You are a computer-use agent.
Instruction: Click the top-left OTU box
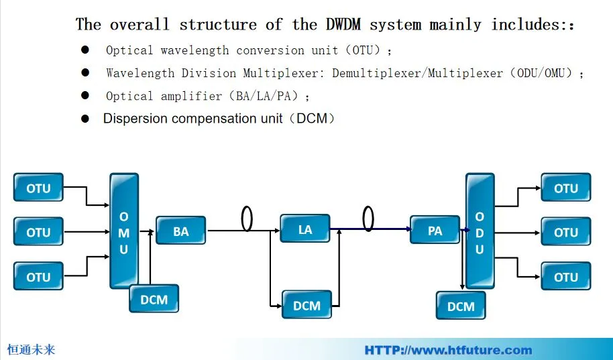coord(38,188)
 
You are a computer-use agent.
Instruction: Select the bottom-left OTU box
coord(38,276)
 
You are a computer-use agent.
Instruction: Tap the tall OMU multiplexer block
coord(124,231)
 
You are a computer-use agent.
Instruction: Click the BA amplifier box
coord(181,231)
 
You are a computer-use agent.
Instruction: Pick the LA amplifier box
coord(305,229)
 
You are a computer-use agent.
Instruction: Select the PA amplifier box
coord(435,230)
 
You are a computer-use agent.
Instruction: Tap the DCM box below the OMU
coord(154,299)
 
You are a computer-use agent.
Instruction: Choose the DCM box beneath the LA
coord(306,305)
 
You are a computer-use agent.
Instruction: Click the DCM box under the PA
coord(461,306)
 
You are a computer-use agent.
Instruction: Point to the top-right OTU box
coord(565,188)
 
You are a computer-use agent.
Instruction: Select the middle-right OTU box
coord(565,232)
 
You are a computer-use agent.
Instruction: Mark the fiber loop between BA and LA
coord(247,219)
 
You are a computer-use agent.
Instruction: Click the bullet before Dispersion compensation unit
coord(85,119)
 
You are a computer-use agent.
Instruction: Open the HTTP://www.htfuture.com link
coord(448,350)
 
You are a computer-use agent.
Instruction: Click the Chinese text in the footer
coord(31,349)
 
